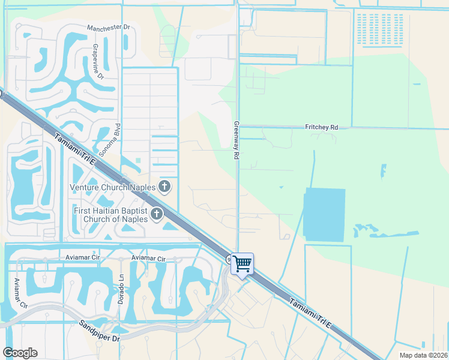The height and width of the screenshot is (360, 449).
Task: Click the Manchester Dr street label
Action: [x=108, y=28]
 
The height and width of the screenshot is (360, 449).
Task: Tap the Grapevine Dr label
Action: [x=97, y=61]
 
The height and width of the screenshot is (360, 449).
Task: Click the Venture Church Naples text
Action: [x=113, y=187]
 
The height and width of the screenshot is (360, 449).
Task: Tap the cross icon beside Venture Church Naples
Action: [x=164, y=187]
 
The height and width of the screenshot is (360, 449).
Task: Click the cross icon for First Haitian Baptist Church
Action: [x=157, y=214]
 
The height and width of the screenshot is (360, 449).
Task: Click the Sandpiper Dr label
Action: [x=100, y=331]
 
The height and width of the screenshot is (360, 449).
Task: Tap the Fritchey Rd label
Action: [x=322, y=127]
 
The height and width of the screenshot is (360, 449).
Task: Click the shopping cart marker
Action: [x=242, y=263]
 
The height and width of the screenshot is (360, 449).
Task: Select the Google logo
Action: [x=20, y=353]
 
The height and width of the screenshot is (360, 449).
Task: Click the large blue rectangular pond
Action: [x=325, y=214]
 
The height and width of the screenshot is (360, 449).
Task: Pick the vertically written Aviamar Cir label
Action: [x=20, y=293]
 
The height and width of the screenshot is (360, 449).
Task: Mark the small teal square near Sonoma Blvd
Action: [x=137, y=161]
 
